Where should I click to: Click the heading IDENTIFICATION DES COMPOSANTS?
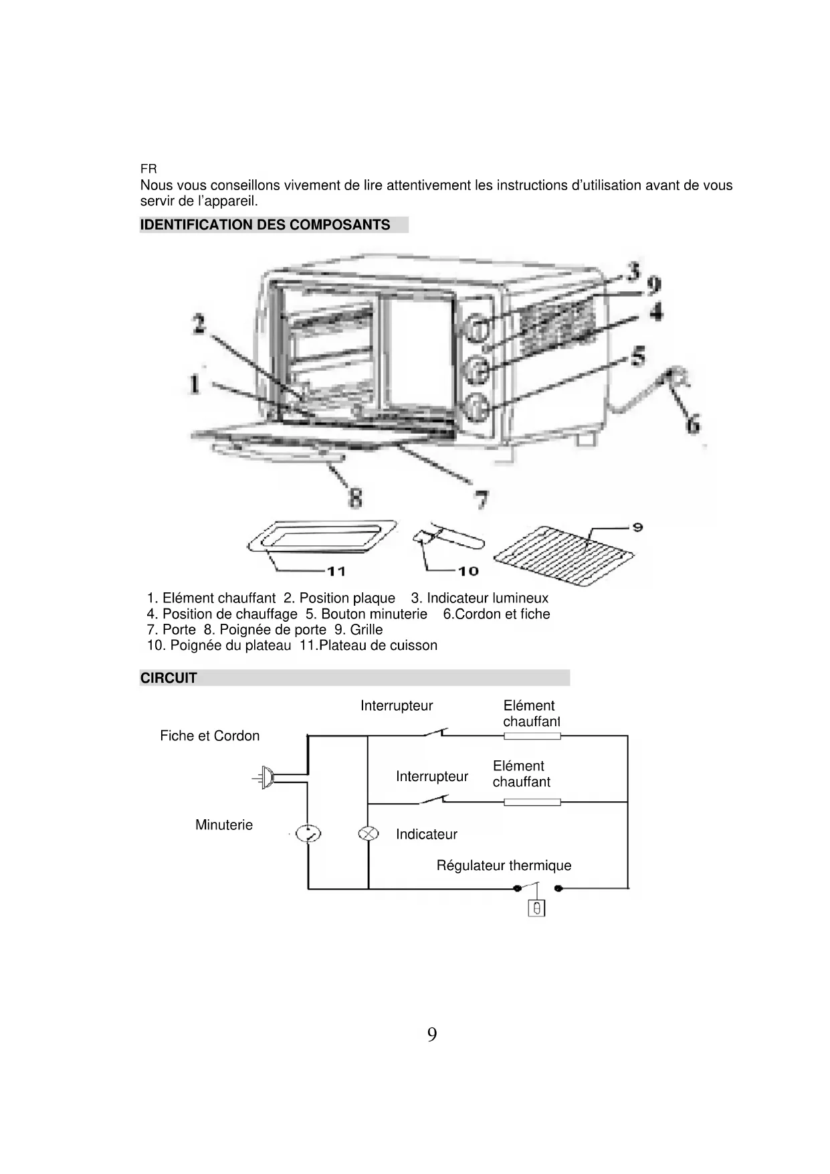coord(265,225)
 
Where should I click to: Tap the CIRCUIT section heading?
coord(169,678)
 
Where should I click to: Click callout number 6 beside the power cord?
coord(693,424)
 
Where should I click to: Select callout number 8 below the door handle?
coord(356,498)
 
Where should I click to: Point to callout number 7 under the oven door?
coord(481,499)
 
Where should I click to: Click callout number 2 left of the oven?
coord(199,325)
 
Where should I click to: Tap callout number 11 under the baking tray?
coord(336,571)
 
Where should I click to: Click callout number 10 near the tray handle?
coord(468,571)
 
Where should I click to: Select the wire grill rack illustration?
coord(563,552)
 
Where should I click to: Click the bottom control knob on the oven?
coord(476,407)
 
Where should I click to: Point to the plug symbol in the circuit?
coord(267,777)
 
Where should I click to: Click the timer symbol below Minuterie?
coord(308,833)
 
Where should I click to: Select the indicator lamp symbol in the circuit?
coord(369,833)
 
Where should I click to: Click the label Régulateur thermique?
coord(504,865)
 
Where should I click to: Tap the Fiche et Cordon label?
coord(209,736)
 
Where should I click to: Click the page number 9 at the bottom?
coord(432,1035)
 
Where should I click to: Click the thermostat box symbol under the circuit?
coord(536,908)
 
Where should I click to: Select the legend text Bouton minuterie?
coord(367,614)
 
